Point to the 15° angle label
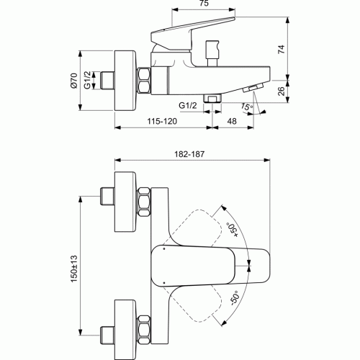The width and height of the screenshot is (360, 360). (x=247, y=108)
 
